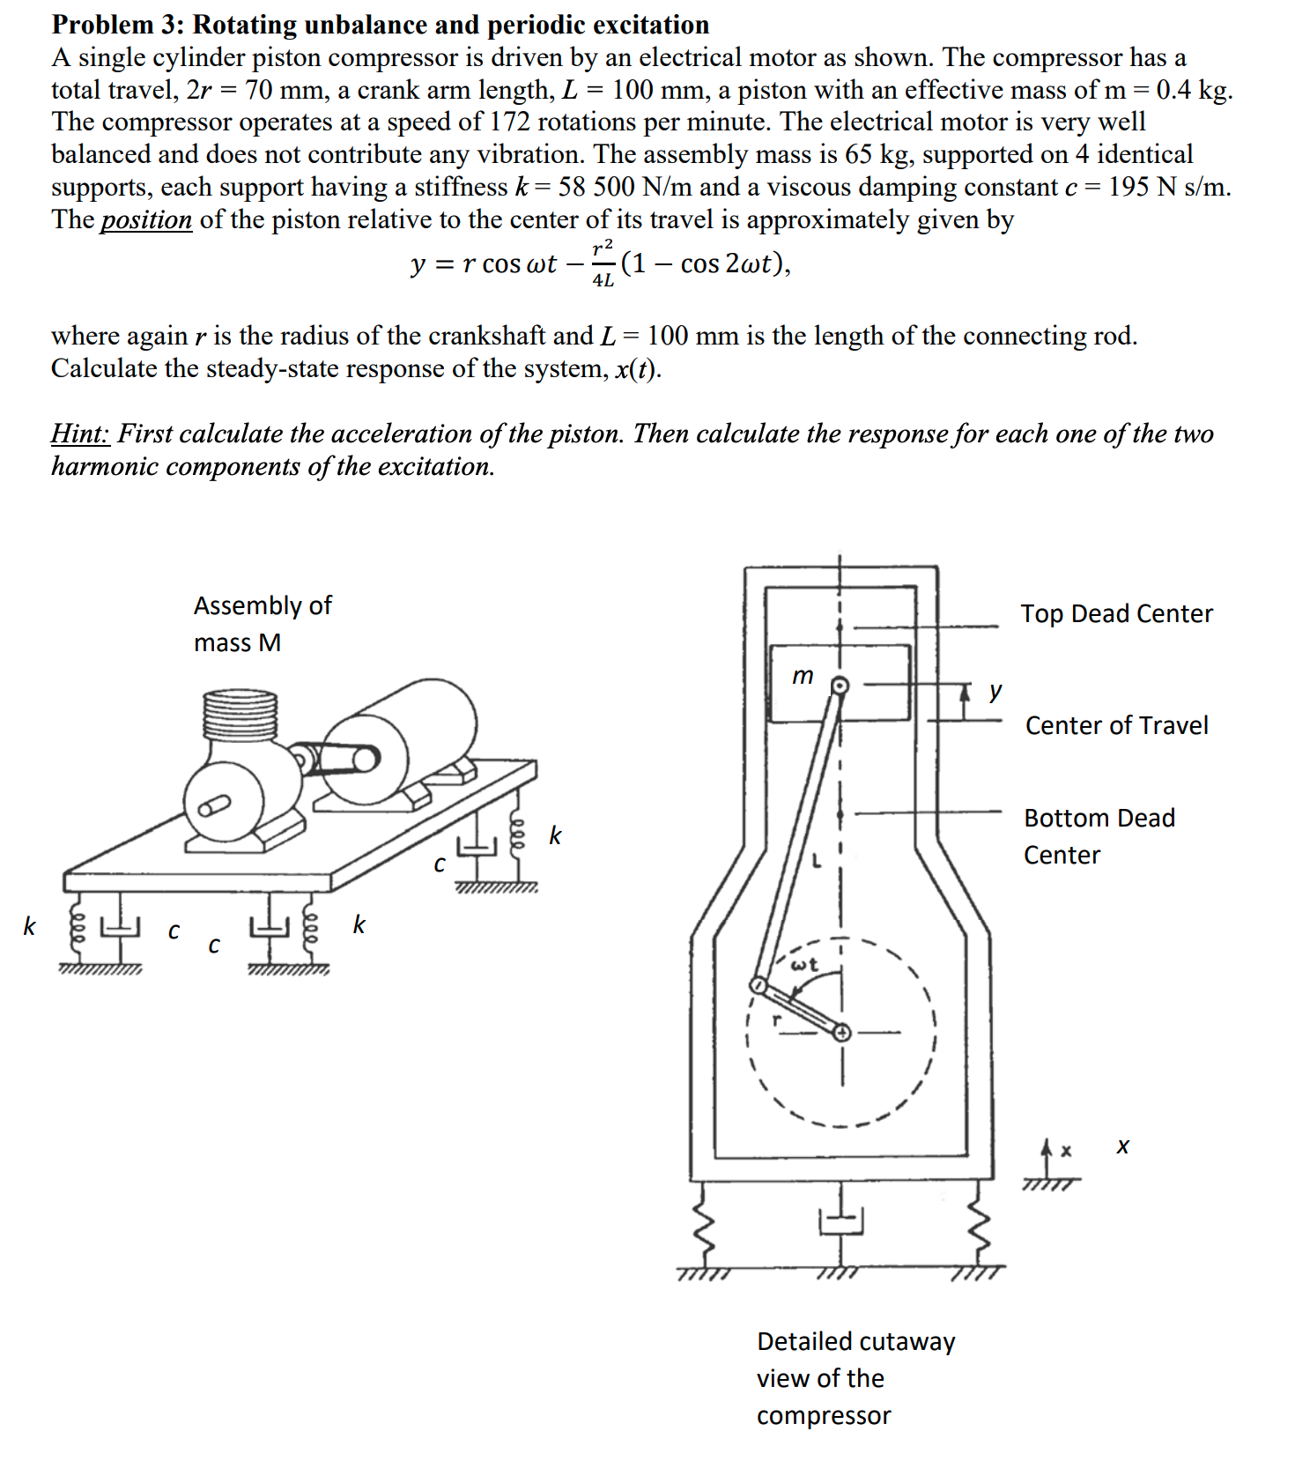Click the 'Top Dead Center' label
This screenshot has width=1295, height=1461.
[1116, 614]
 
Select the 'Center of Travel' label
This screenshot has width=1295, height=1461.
[1116, 726]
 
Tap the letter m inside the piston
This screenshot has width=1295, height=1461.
[803, 676]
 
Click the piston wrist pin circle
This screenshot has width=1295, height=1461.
[840, 686]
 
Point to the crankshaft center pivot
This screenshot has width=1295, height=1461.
[842, 1032]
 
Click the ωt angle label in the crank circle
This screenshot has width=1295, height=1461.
[804, 965]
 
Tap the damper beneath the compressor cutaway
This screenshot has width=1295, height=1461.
[841, 1220]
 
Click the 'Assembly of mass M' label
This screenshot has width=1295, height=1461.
[262, 624]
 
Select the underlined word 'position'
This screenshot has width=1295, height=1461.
[146, 219]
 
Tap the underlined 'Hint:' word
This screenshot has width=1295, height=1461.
[80, 434]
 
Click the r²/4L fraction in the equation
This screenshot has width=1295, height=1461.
[603, 263]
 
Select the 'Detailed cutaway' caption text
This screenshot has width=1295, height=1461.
[855, 1341]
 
